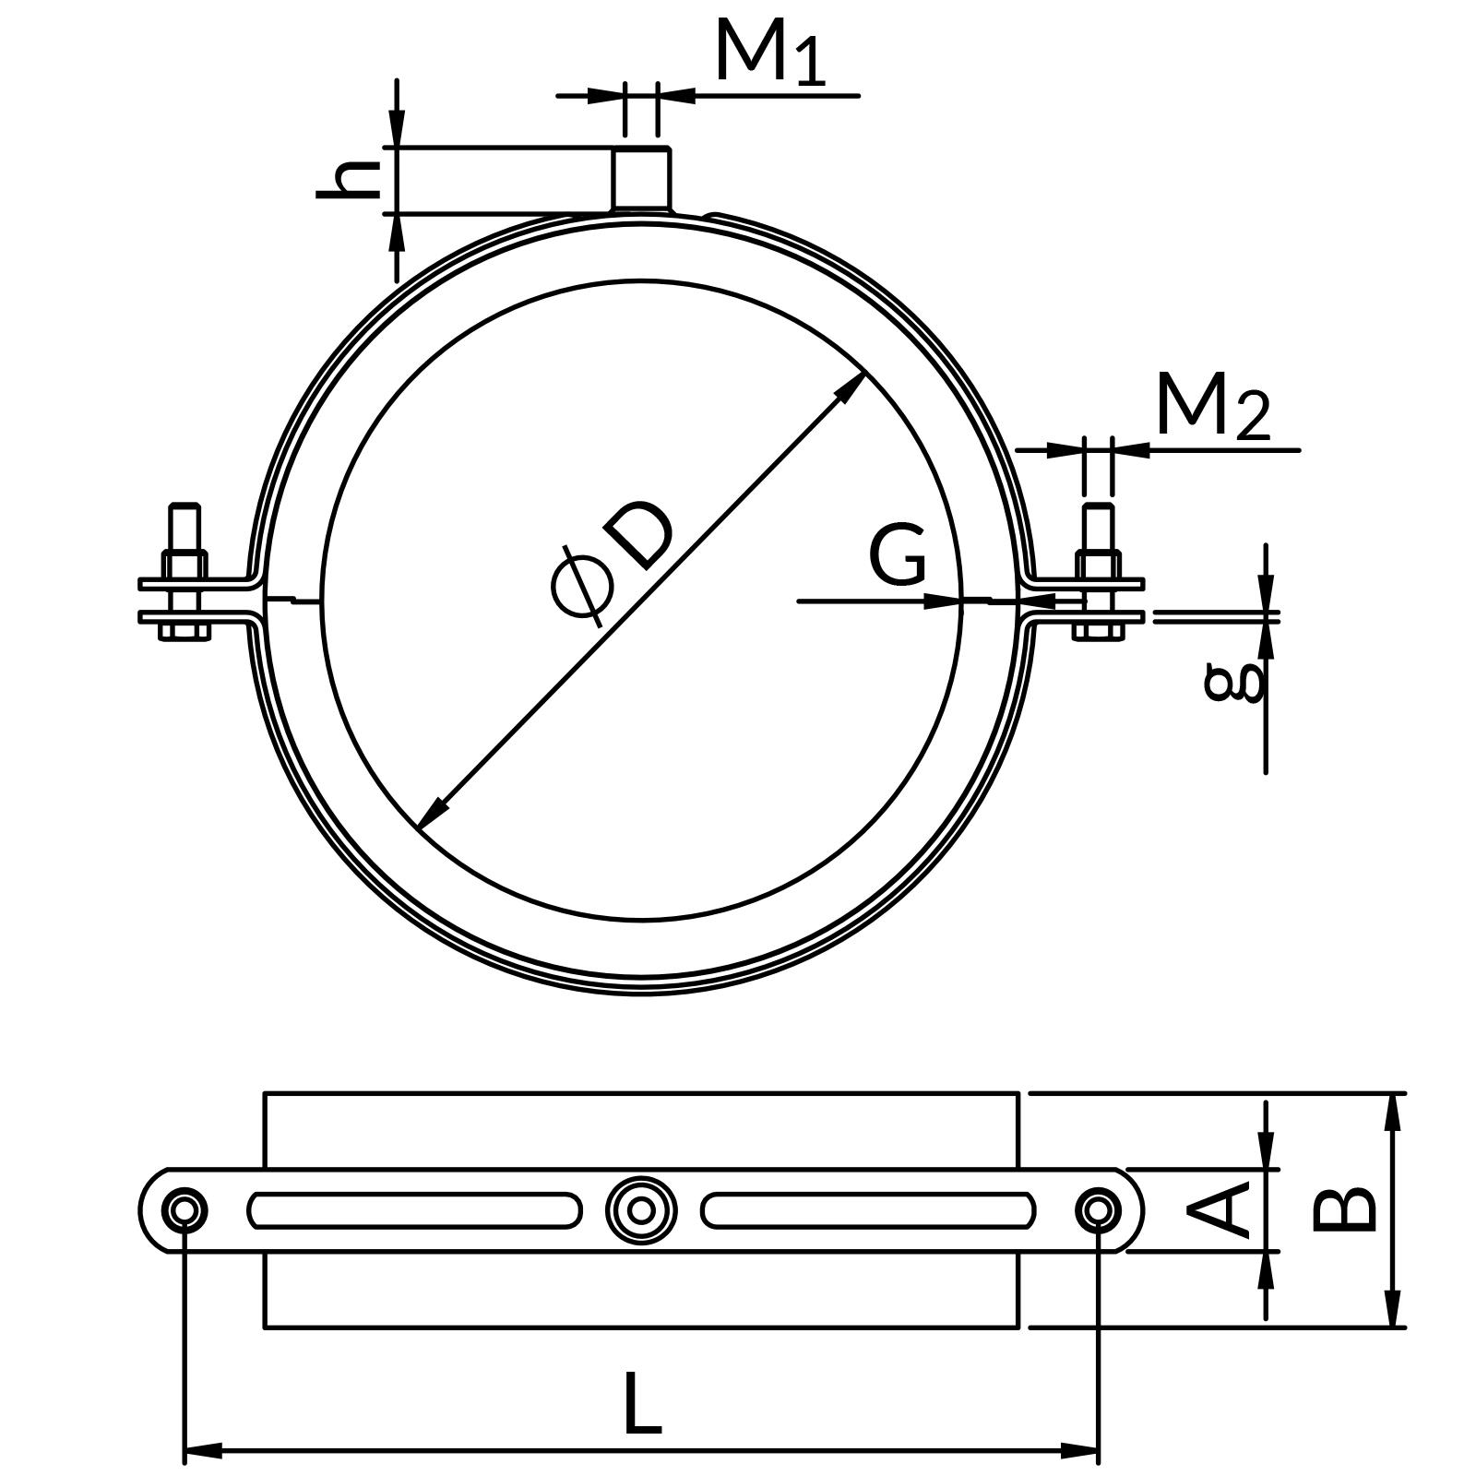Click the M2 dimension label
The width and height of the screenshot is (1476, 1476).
click(x=1211, y=407)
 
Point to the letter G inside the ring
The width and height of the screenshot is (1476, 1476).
click(x=897, y=555)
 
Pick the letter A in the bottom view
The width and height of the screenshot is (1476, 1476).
click(x=1218, y=1210)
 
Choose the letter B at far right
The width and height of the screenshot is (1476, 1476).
click(x=1343, y=1209)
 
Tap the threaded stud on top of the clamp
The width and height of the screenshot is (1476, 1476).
click(x=641, y=178)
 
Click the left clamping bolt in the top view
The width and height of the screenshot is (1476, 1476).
click(x=184, y=572)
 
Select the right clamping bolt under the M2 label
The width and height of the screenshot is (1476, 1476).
click(x=1098, y=572)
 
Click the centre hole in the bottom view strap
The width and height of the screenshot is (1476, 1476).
click(x=641, y=1209)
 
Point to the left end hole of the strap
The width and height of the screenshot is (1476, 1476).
click(x=184, y=1209)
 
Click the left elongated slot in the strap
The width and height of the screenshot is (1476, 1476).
click(x=414, y=1210)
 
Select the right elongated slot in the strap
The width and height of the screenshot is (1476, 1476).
click(x=867, y=1210)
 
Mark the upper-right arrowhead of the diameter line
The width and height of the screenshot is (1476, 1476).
click(x=850, y=387)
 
